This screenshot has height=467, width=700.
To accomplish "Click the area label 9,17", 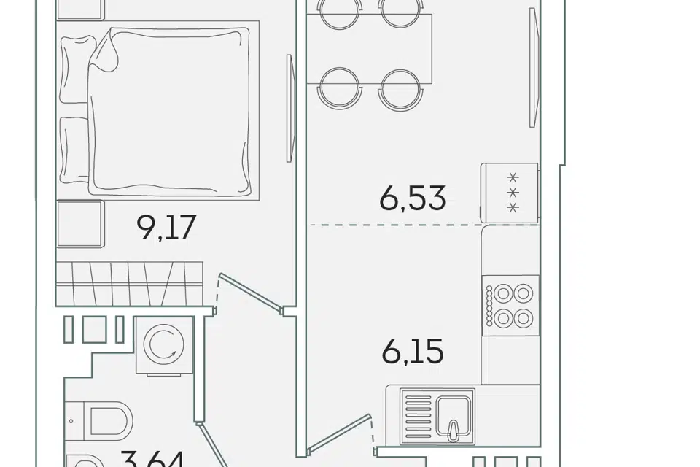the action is (166, 228).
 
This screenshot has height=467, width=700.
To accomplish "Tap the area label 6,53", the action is (413, 198).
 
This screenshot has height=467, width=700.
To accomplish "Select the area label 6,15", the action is (413, 351).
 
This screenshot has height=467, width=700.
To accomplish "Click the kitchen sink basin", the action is (454, 417).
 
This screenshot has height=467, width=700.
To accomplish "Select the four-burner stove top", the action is (510, 306).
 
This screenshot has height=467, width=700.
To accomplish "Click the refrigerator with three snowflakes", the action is (510, 193).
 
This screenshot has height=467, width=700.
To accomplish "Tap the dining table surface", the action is (370, 49).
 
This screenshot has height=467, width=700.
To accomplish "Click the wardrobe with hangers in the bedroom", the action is (130, 283).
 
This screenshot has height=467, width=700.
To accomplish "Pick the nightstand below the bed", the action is (80, 223).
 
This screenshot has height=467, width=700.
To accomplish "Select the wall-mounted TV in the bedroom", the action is (291, 108).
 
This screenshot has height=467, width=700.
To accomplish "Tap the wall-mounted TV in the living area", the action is (534, 67).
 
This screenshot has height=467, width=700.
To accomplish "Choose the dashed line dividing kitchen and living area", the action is (424, 225).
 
